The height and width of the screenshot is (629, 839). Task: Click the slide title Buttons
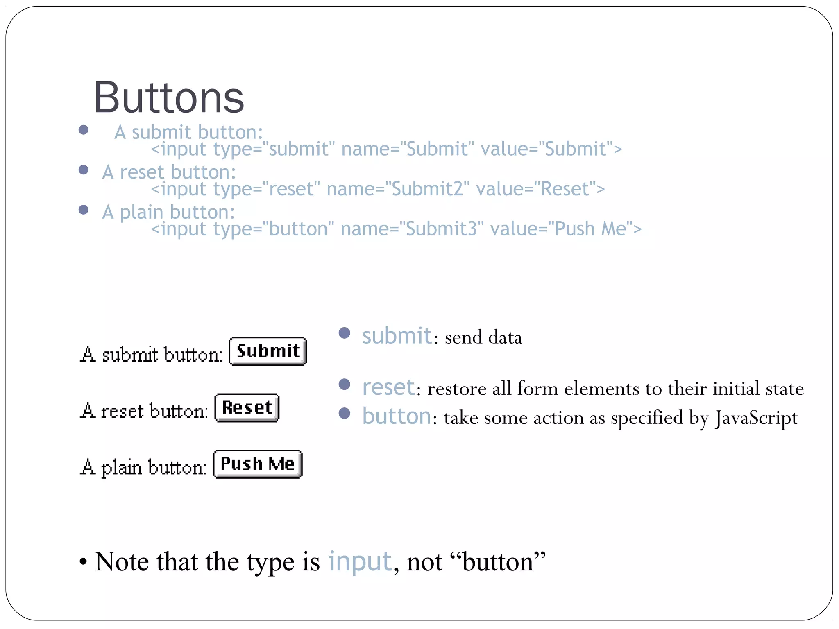(x=169, y=98)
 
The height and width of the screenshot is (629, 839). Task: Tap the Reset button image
(x=247, y=408)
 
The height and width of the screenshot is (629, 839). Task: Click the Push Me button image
(x=258, y=464)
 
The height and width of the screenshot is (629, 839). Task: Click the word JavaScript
(x=756, y=418)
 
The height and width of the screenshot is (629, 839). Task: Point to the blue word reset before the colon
(x=388, y=387)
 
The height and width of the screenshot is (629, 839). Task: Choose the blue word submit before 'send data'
(x=397, y=336)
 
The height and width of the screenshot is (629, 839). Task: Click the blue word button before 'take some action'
(x=396, y=416)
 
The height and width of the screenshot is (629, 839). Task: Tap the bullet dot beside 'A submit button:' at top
(x=84, y=130)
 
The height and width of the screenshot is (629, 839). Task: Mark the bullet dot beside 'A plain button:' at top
(x=84, y=210)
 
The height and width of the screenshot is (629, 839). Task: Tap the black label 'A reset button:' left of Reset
(x=144, y=411)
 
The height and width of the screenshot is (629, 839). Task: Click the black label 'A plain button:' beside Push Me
(x=143, y=467)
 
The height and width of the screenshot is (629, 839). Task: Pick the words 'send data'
(x=483, y=337)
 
